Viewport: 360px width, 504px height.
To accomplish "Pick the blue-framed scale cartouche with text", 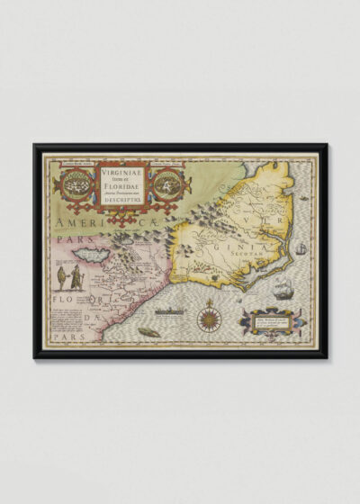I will [x=274, y=319].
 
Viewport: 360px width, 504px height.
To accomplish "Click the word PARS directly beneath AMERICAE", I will [x=63, y=240].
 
